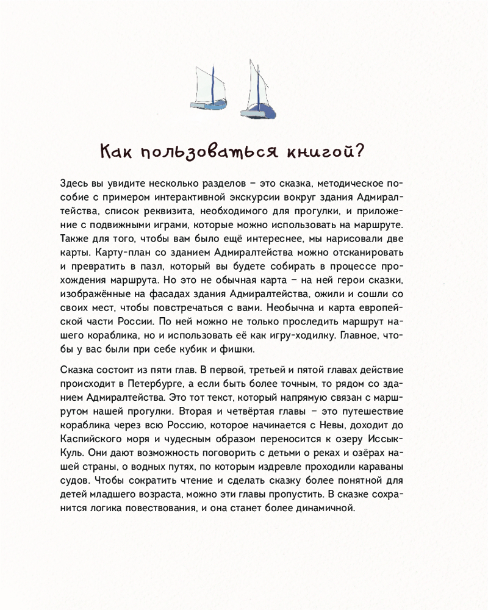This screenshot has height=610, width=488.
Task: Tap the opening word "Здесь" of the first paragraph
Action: coord(76,184)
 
